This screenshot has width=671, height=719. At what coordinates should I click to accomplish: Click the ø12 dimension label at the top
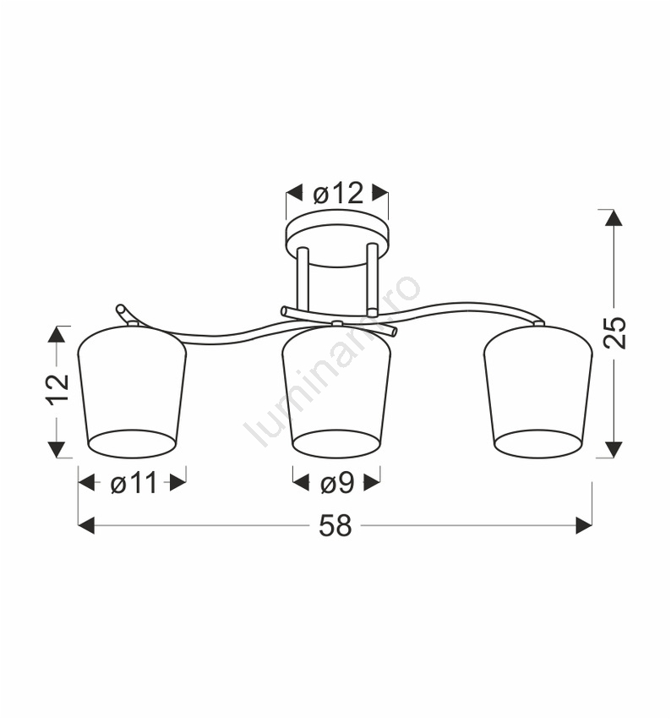[x=338, y=194]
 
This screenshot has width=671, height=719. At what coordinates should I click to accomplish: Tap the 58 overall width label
[x=335, y=525]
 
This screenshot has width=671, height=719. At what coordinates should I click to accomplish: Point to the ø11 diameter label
[x=134, y=483]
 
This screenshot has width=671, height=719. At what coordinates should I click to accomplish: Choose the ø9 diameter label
[x=337, y=483]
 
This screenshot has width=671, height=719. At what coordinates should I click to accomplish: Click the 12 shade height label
[x=57, y=388]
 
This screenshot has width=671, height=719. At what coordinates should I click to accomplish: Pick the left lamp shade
[x=132, y=392]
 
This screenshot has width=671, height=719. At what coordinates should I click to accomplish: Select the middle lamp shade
[x=336, y=392]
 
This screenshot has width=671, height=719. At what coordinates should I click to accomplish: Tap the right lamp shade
[x=538, y=392]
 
